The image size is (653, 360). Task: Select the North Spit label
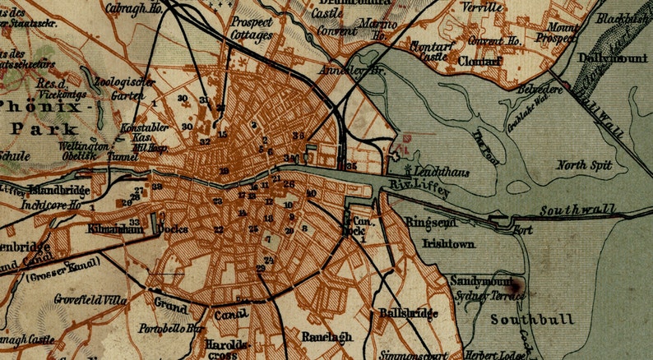[584, 165]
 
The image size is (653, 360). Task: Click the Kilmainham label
[112, 229]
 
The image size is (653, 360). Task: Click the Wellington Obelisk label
[82, 150]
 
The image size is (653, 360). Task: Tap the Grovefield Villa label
[90, 300]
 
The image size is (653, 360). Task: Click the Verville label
[483, 7]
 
